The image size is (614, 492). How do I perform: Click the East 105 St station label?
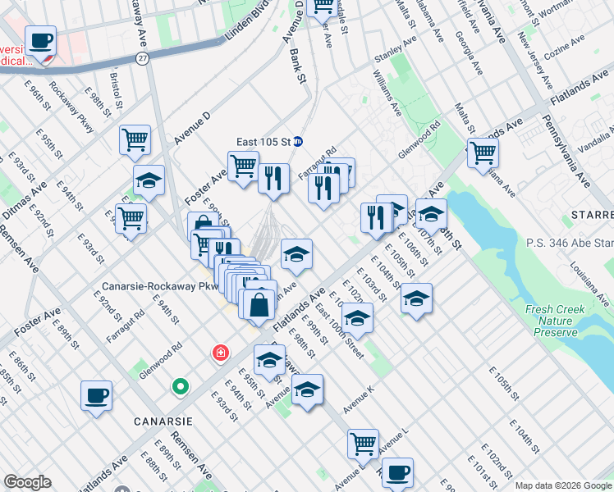(263, 141)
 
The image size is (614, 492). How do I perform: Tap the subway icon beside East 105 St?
(300, 141)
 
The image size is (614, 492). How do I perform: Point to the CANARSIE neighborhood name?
(163, 421)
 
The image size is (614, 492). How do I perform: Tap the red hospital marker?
(220, 353)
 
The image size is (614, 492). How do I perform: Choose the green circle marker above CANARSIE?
(180, 386)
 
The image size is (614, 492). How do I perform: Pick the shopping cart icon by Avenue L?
(363, 444)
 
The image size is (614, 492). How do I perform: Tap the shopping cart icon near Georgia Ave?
(483, 152)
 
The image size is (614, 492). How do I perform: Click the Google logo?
(28, 482)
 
